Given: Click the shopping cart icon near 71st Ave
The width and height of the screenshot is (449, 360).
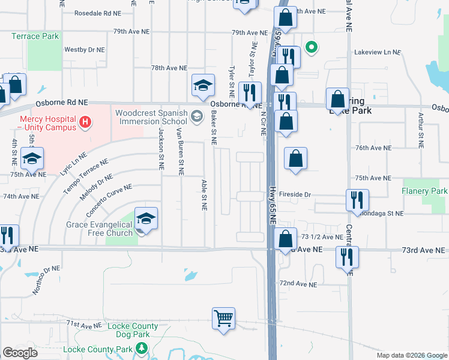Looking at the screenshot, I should click(x=223, y=317).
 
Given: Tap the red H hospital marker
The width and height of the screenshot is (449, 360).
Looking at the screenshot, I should click(x=85, y=122).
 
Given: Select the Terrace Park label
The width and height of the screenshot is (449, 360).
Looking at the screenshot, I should click(x=35, y=37).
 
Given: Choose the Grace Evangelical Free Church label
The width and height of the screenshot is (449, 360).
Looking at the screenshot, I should click(x=99, y=229).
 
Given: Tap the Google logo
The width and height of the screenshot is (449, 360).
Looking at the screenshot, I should click(x=20, y=353).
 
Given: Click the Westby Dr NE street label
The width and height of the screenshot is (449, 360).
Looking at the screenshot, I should click(x=85, y=50).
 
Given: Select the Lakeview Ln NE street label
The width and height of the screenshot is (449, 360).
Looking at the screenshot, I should click(x=377, y=53).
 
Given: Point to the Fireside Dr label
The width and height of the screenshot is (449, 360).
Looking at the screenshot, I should click(x=298, y=194).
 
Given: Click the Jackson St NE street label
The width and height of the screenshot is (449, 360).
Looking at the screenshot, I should click(x=161, y=149).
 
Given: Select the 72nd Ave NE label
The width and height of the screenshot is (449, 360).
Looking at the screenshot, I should click(x=298, y=284).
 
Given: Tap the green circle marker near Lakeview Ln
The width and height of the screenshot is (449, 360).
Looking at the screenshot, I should click(x=312, y=46).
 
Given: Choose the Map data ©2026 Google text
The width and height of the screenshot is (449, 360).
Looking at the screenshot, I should click(x=412, y=355).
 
